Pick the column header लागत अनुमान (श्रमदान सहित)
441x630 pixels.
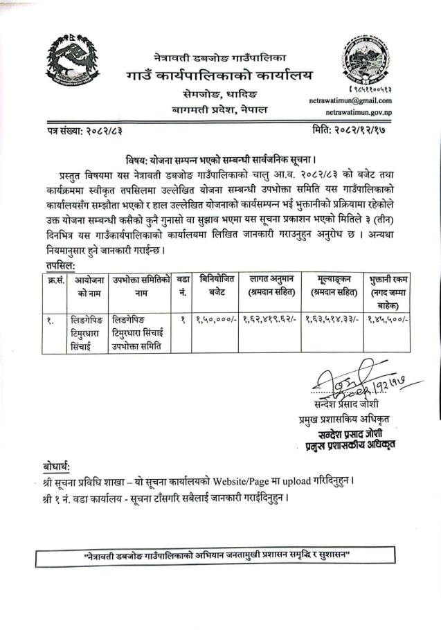point(268,284)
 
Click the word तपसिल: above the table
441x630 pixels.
point(58,265)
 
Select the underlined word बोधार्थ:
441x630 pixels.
point(55,465)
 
